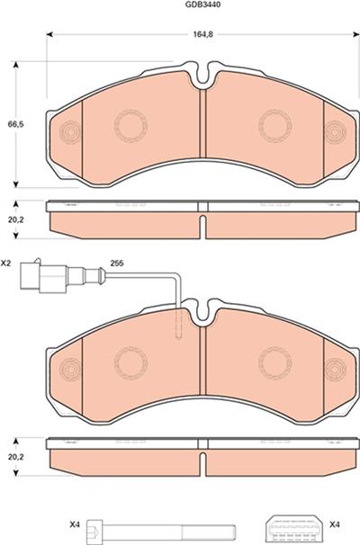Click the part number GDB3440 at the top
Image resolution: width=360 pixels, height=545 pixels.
(x=203, y=4)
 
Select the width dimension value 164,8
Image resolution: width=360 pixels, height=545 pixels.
(x=202, y=34)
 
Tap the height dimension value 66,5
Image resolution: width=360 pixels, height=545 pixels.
(x=16, y=124)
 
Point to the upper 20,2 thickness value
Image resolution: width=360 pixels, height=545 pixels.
(x=16, y=219)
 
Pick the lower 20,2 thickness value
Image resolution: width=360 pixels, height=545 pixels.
(x=16, y=457)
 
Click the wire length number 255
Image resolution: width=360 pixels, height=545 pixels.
(x=117, y=264)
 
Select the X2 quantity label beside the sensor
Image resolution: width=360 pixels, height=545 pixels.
(x=5, y=264)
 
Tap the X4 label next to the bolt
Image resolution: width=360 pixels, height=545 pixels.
(x=75, y=524)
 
